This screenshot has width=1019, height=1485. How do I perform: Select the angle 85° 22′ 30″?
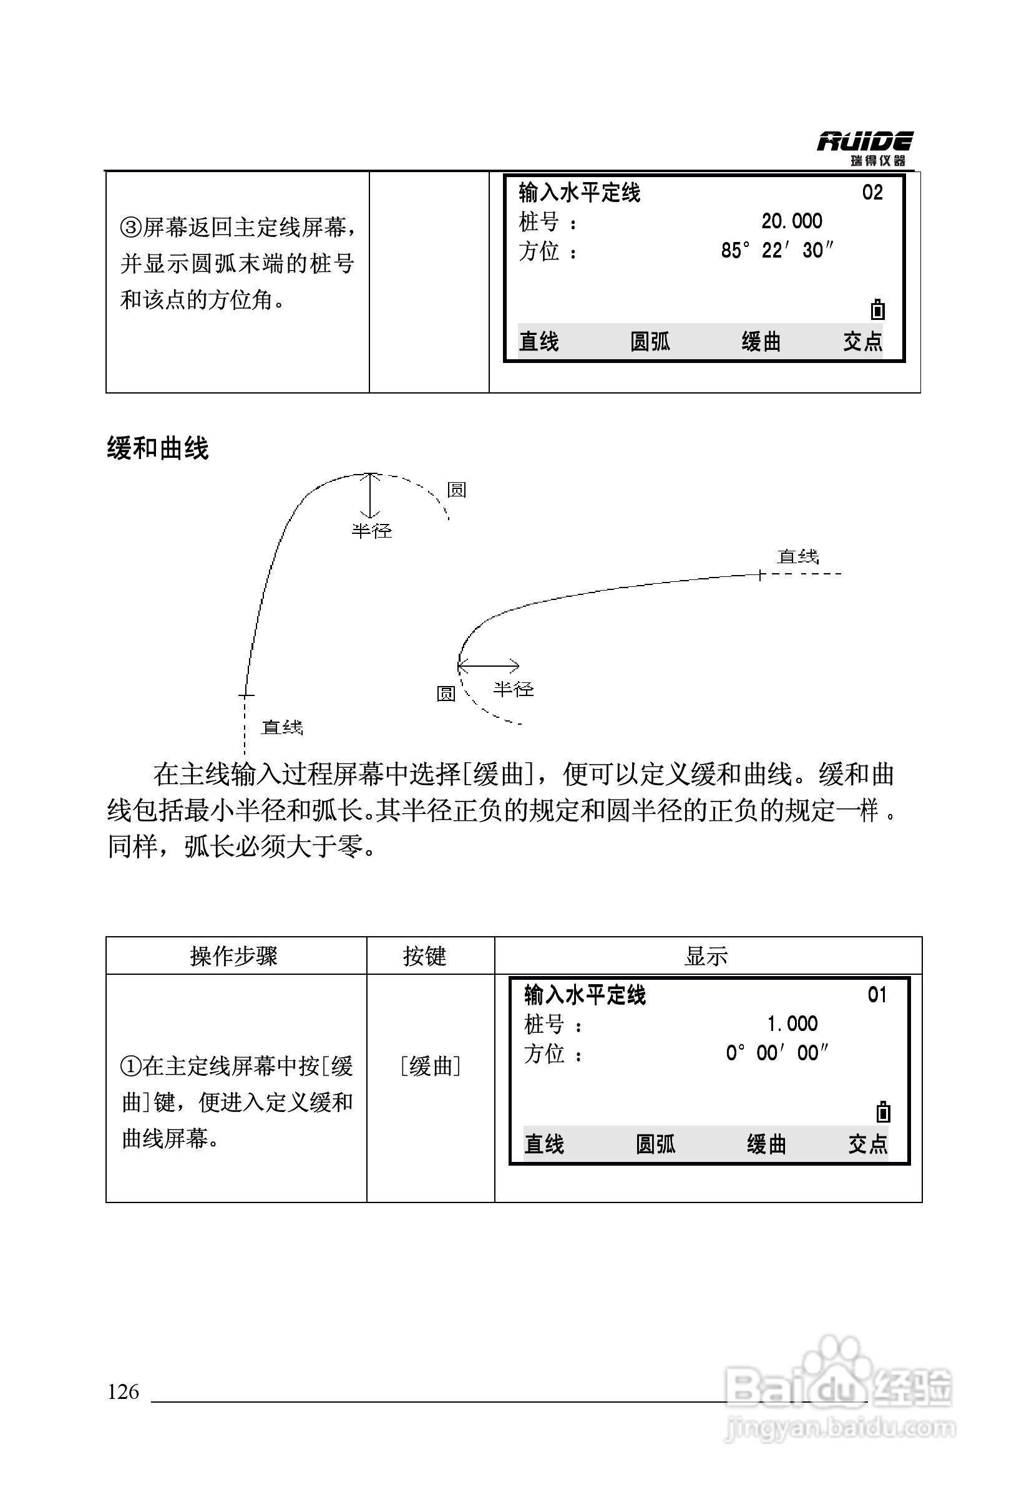778,251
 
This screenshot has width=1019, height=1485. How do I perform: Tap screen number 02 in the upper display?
872,192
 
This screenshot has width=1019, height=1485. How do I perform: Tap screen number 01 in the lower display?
877,995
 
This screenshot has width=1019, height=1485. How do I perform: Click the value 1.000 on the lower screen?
792,1023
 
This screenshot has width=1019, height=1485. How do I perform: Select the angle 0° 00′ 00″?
777,1053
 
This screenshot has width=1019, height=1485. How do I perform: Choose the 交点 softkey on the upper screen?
862,342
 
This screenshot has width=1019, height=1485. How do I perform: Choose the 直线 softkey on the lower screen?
544,1144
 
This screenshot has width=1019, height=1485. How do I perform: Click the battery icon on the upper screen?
878,310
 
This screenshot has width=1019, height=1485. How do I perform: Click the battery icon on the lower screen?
883,1113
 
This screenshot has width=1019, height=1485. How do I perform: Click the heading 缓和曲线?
157,448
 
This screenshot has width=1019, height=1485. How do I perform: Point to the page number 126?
124,1391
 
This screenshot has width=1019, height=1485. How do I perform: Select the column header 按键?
424,957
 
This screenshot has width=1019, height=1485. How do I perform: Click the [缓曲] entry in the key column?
430,1066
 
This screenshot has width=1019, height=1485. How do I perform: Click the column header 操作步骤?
234,957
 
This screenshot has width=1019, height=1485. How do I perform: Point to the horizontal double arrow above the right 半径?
489,667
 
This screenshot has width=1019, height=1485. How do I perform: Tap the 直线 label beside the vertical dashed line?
281,727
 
